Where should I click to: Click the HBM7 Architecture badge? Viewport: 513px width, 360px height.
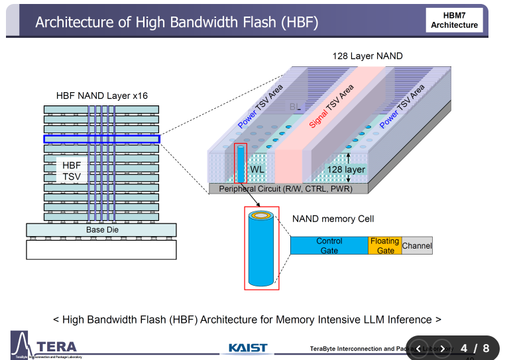(x=454, y=20)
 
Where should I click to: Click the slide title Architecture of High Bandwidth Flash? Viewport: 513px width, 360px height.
(x=176, y=22)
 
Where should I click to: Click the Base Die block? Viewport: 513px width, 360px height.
(x=101, y=229)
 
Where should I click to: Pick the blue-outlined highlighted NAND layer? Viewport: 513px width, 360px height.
(x=101, y=139)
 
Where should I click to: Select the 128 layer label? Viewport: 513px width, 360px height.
(x=346, y=170)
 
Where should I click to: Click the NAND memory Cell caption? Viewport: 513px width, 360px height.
(x=333, y=219)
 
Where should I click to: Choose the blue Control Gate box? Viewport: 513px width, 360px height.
(x=329, y=245)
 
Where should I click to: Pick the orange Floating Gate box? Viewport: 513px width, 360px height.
(x=385, y=245)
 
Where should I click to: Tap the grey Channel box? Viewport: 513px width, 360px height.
(x=417, y=245)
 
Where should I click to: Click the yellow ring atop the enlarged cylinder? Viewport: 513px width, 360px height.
(x=261, y=215)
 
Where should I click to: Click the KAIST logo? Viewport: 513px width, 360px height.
(x=248, y=347)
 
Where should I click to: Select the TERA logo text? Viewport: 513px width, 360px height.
(x=57, y=346)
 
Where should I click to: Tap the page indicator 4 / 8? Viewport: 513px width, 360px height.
(x=475, y=348)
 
